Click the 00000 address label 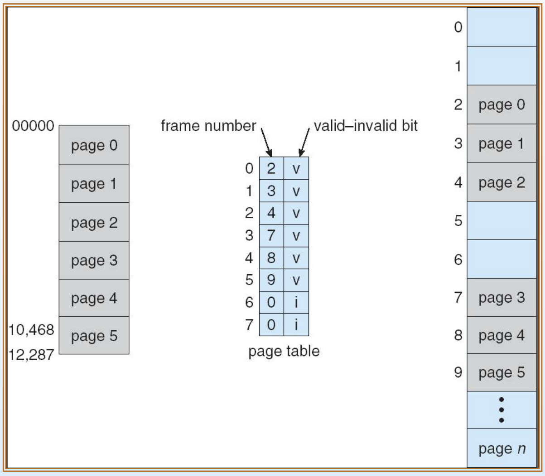[33, 126]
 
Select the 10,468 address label [31, 330]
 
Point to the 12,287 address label [31, 355]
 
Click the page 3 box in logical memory [94, 260]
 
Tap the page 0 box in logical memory [94, 145]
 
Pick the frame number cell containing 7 [271, 235]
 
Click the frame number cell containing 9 [271, 280]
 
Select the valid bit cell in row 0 [296, 168]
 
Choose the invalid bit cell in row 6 [296, 302]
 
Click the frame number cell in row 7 [271, 324]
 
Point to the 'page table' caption [284, 352]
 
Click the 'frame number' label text [208, 126]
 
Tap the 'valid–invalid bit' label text [366, 126]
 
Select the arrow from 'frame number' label [266, 143]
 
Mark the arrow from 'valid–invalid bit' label [304, 143]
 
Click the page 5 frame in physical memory [502, 372]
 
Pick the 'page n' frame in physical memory [502, 448]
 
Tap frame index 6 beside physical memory [458, 260]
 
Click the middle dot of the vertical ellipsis [502, 410]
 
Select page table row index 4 [249, 258]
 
